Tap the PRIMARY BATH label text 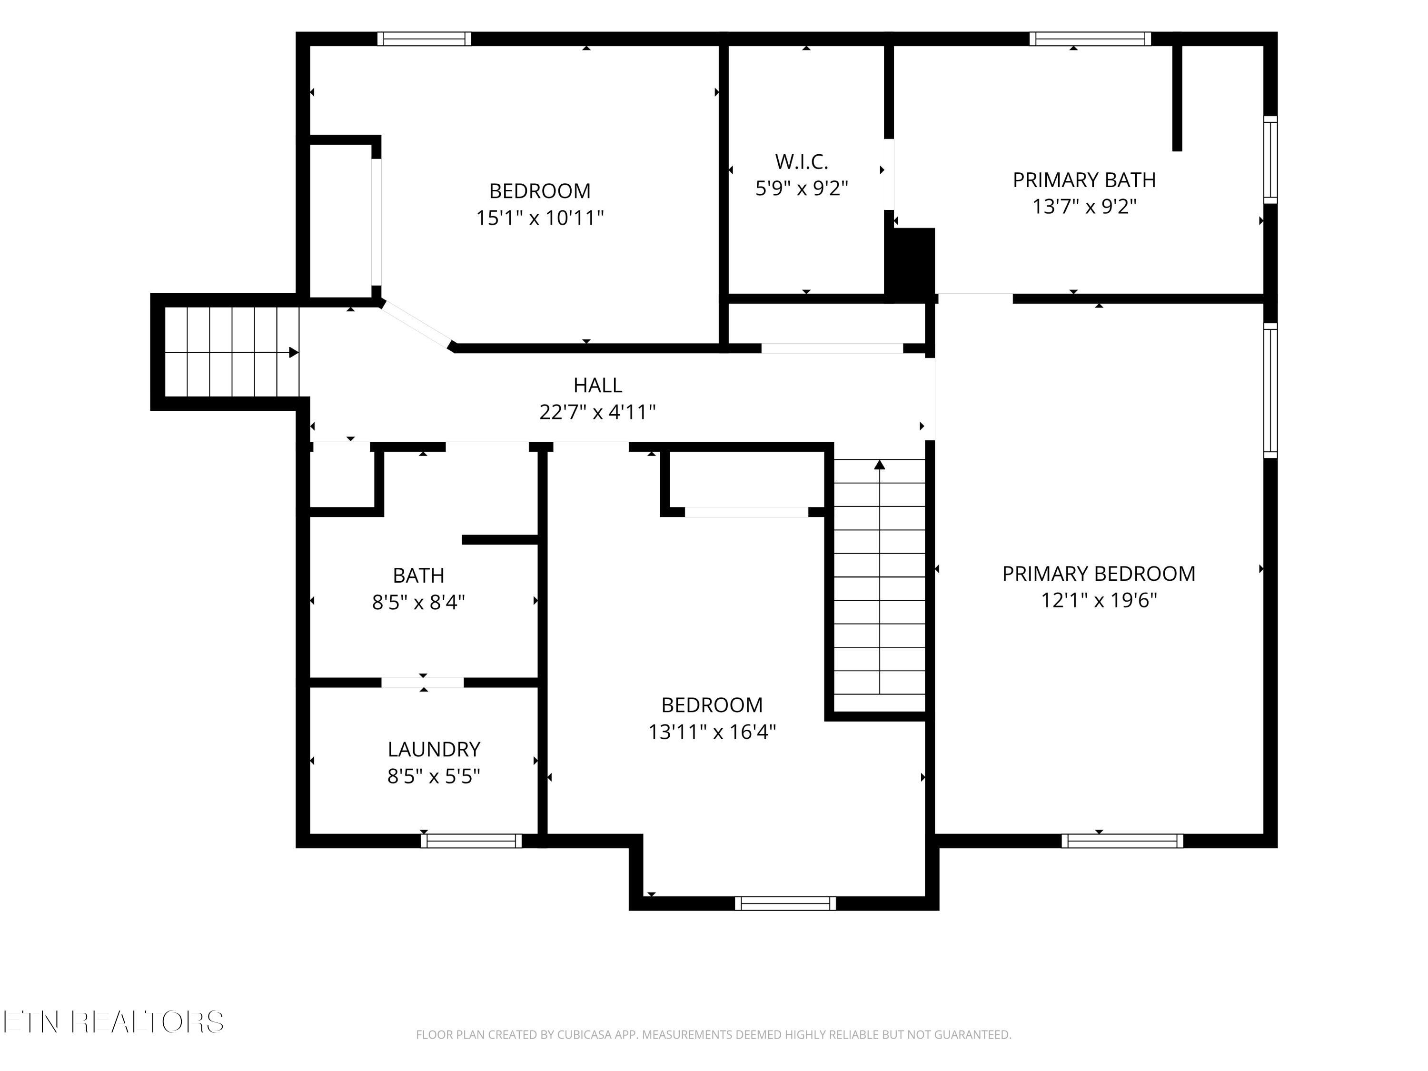coord(1084,179)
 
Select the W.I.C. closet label coord(801,161)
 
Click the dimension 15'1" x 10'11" coord(540,218)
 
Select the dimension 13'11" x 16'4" coord(712,732)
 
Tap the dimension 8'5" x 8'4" coord(418,602)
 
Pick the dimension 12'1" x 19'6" coord(1098,600)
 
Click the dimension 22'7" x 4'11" coord(598,412)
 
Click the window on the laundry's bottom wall coord(471,841)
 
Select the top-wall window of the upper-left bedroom coord(424,39)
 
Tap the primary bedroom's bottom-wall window coord(1122,841)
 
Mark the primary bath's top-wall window coord(1091,39)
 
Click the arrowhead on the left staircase coord(294,353)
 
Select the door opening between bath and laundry coord(423,683)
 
